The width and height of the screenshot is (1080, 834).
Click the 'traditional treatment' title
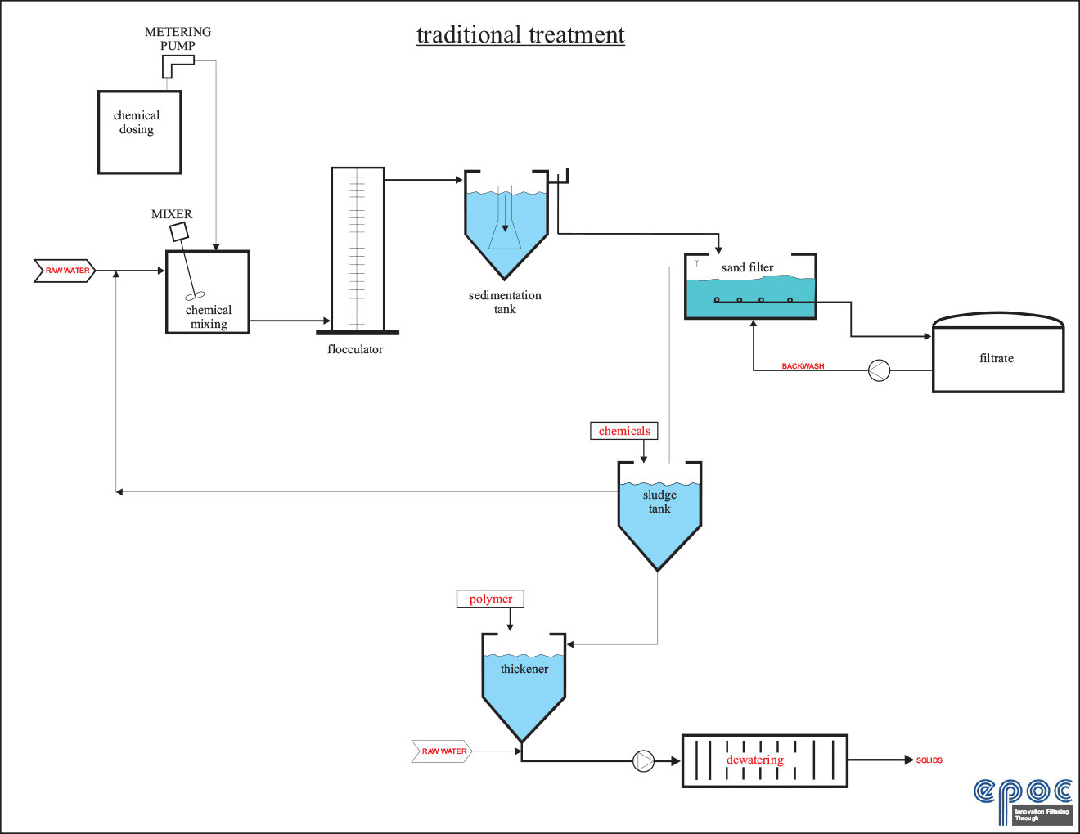pos(520,35)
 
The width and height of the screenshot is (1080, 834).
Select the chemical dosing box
pos(139,132)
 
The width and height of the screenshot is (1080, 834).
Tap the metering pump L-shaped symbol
pos(176,65)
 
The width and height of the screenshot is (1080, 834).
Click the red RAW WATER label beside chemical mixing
pos(66,271)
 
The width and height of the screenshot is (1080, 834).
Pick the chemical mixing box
pos(208,292)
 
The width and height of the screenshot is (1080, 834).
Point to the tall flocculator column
pos(358,249)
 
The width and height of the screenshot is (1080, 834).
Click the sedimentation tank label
pos(505,302)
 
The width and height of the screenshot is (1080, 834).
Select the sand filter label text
pos(747,267)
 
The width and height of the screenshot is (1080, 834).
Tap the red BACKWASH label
pos(803,366)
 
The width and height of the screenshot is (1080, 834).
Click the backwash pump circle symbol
pos(879,370)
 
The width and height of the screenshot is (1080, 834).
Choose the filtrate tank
pos(997,358)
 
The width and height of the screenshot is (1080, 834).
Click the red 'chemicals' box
pos(624,431)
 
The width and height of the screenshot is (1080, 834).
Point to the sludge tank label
pos(659,501)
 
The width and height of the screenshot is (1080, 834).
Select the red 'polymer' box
pos(490,599)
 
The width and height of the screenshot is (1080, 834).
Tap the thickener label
pos(524,669)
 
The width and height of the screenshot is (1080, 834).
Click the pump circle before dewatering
pos(644,761)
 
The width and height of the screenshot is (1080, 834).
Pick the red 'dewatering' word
pos(754,760)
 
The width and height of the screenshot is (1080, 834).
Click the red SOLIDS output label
pos(929,760)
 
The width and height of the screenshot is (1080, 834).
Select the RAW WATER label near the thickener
pos(443,751)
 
